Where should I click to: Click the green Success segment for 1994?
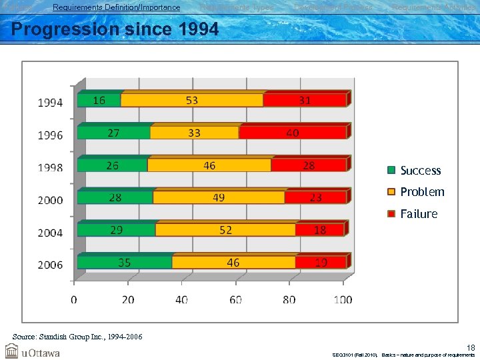tap(99, 101)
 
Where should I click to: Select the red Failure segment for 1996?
tap(292, 133)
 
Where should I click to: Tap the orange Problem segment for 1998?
tap(209, 165)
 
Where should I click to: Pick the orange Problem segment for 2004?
tap(225, 230)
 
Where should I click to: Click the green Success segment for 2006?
tap(124, 262)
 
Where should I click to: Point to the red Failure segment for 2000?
tap(315, 197)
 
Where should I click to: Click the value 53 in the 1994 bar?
tap(192, 100)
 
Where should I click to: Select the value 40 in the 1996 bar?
tap(292, 133)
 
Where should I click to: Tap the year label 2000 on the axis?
tap(50, 200)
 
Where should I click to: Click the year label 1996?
tap(50, 135)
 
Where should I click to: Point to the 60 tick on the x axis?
tap(235, 300)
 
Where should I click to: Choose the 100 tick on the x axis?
tap(343, 300)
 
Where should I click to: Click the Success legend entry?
tap(420, 171)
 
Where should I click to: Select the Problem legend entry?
tap(421, 192)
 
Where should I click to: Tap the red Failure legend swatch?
tap(392, 214)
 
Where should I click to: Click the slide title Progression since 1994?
tap(115, 30)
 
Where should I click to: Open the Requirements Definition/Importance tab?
tap(116, 7)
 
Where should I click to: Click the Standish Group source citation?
tap(77, 337)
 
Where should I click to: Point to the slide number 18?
tap(471, 347)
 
